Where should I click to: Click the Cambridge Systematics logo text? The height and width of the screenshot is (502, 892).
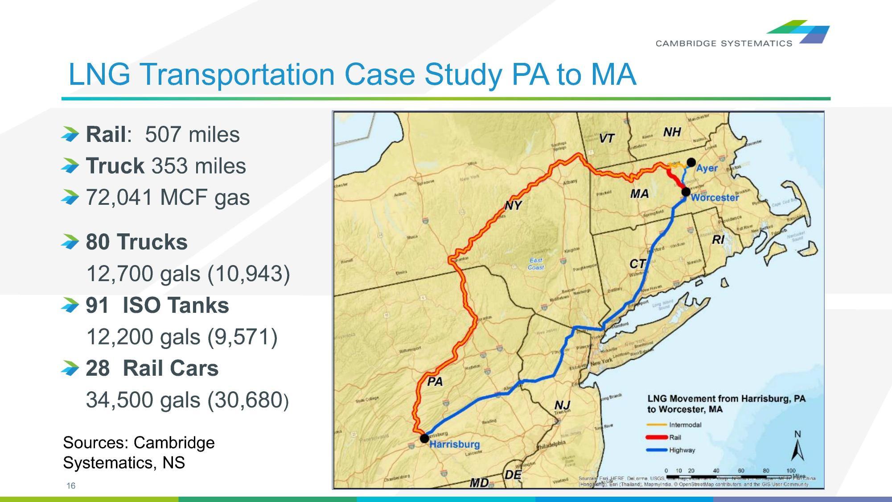(723, 43)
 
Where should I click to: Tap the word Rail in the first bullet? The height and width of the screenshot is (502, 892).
(106, 134)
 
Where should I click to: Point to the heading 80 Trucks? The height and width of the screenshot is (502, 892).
(136, 242)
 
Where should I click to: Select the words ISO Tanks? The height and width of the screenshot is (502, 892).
(176, 305)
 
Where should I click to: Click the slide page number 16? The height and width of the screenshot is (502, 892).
(71, 486)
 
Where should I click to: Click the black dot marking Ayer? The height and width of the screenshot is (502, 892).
(691, 162)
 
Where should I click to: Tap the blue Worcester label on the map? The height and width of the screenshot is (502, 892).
(715, 197)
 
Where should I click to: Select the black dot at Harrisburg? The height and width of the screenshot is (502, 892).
(424, 438)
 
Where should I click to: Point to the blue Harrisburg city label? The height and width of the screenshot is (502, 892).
(454, 444)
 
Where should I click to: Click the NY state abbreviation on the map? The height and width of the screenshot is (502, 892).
(513, 206)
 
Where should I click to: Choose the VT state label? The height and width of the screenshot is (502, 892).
(607, 138)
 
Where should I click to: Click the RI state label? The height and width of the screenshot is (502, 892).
(718, 240)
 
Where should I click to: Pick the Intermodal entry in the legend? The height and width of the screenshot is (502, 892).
(685, 424)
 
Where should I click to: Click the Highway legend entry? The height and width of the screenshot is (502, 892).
(682, 450)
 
